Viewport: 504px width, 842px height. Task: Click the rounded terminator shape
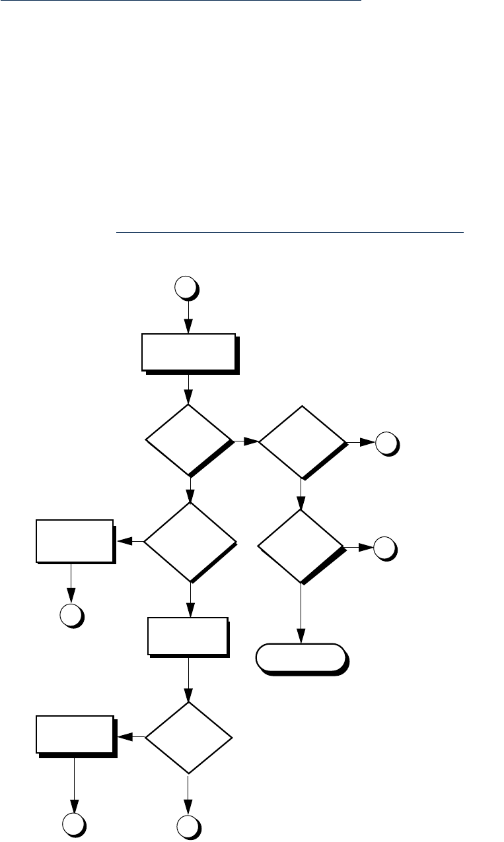point(301,657)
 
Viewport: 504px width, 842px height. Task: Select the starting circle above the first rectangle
point(186,288)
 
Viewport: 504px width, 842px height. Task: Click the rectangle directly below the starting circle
point(188,352)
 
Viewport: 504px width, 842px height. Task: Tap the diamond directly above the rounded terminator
point(301,546)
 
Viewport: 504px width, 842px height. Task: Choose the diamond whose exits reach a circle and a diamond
point(301,441)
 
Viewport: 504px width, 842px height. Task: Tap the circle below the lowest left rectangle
point(73,826)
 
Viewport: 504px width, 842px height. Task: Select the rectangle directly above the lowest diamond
point(188,636)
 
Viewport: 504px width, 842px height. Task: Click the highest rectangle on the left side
point(74,540)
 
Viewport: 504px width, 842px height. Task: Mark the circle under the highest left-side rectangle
point(71,615)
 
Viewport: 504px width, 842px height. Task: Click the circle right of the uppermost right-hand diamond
point(386,444)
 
